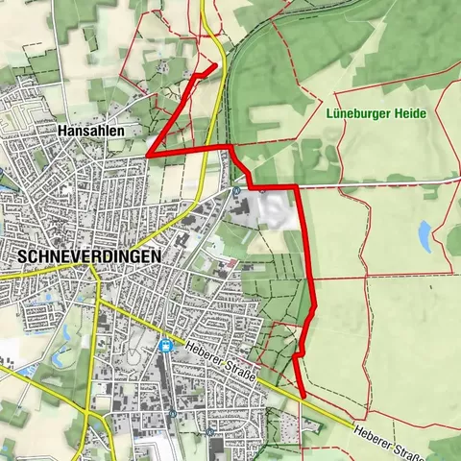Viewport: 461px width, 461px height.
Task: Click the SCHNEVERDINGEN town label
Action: pyautogui.click(x=89, y=256)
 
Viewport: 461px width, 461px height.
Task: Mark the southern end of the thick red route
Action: pyautogui.click(x=303, y=395)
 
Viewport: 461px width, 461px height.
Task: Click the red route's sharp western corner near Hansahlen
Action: pyautogui.click(x=149, y=154)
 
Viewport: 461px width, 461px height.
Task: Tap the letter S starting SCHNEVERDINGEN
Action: pyautogui.click(x=22, y=256)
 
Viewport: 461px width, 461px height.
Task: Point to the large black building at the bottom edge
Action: pyautogui.click(x=214, y=449)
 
